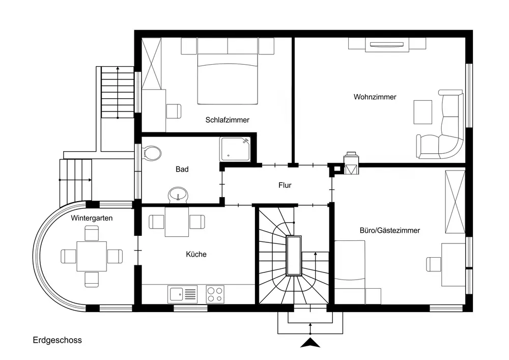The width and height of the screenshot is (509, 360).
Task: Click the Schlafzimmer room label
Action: (x=227, y=120)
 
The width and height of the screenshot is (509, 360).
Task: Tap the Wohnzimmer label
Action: (x=375, y=97)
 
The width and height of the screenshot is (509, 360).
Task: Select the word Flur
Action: (x=285, y=185)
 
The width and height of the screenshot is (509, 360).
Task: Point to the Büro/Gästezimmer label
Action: (x=390, y=231)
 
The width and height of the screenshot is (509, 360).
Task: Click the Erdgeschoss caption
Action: (x=57, y=340)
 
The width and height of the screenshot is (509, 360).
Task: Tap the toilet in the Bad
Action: (x=152, y=153)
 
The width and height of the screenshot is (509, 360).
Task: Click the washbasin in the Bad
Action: (x=178, y=195)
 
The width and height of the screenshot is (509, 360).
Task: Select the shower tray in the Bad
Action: (x=235, y=149)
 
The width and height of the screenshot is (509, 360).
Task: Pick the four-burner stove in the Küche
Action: (x=215, y=294)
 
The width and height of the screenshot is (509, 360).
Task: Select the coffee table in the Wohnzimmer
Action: (x=422, y=113)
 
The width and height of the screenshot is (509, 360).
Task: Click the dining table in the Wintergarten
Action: (x=92, y=257)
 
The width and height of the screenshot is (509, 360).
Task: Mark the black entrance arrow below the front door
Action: (x=310, y=343)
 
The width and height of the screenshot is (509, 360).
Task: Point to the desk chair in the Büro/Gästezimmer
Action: (x=434, y=264)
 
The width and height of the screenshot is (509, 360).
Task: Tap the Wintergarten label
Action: (x=92, y=218)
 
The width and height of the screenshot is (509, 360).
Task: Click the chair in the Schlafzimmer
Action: (x=174, y=112)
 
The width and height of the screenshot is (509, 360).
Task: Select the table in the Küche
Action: (x=177, y=221)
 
